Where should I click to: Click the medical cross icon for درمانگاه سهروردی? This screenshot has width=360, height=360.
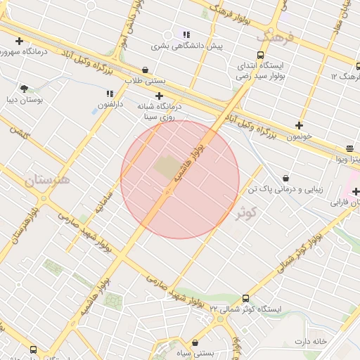pos(19,41)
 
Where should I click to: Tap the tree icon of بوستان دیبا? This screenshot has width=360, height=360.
pos(25,89)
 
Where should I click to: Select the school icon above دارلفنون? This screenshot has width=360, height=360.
pos(110,94)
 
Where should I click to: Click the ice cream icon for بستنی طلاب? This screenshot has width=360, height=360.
pos(145,70)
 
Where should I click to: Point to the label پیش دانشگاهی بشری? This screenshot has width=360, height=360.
pos(186,46)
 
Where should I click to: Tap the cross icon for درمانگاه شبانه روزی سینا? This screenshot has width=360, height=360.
pos(160,96)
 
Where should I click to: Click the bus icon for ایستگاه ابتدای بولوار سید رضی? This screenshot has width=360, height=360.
pos(261,55)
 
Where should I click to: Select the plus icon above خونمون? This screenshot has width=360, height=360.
pos(300,125)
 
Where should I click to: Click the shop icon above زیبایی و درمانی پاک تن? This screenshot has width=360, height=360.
pos(285,179)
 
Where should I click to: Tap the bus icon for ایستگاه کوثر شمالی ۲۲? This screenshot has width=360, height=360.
pos(245,299)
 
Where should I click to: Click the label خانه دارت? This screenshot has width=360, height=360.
pos(311,342)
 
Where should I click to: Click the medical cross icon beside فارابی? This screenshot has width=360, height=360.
pos(356,192)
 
